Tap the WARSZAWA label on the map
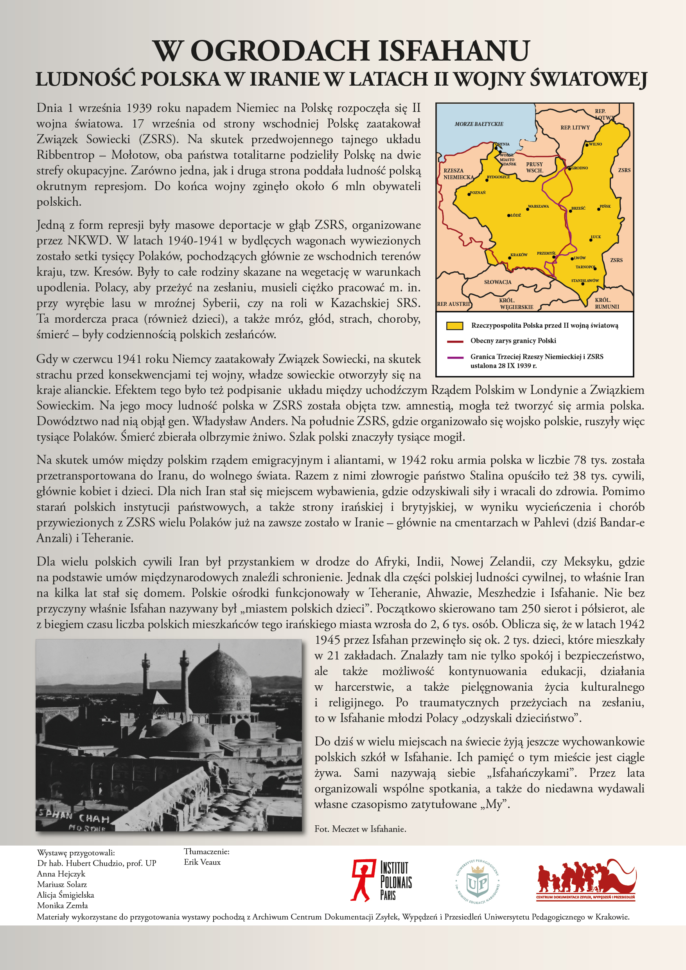(538, 206)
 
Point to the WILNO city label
(595, 144)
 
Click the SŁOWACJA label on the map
(497, 282)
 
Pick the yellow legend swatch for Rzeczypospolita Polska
(454, 326)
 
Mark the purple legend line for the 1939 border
(455, 357)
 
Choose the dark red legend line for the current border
(455, 341)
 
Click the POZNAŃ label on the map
(478, 193)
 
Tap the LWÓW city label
(580, 258)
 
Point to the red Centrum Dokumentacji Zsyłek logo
(586, 880)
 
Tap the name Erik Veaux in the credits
(202, 862)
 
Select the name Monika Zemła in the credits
(63, 905)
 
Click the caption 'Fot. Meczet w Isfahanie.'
(360, 829)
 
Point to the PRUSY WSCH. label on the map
(534, 167)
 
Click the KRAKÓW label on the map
(519, 255)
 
